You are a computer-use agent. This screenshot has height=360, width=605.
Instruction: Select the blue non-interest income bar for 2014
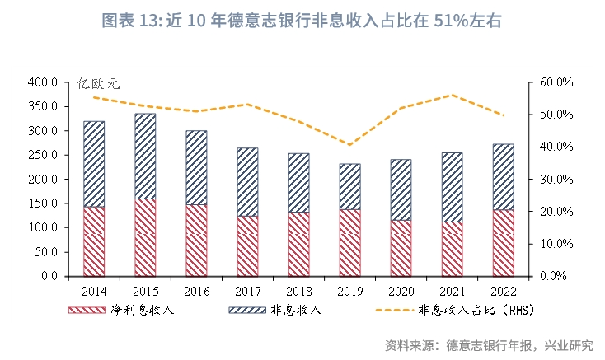tap(94, 163)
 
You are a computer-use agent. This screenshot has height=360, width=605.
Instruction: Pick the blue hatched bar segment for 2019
tap(349, 186)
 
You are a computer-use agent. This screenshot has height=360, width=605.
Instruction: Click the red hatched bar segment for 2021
tap(452, 248)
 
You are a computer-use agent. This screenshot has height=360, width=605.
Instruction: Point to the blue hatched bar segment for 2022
tap(503, 176)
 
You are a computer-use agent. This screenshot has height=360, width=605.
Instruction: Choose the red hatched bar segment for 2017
tap(247, 245)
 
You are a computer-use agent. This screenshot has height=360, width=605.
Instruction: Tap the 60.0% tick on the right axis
tap(556, 83)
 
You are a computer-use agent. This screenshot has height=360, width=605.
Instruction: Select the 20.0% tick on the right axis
tap(556, 212)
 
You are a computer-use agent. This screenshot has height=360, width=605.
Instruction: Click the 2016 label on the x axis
tap(196, 291)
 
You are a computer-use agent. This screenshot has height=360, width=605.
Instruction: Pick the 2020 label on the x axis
tap(401, 291)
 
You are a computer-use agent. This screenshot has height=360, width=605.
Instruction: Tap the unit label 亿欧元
tap(98, 83)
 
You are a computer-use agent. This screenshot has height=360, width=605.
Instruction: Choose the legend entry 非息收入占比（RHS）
tap(471, 311)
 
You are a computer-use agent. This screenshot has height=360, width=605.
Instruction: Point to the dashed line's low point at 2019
tap(349, 145)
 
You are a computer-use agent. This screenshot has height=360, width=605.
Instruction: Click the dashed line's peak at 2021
tap(452, 95)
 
